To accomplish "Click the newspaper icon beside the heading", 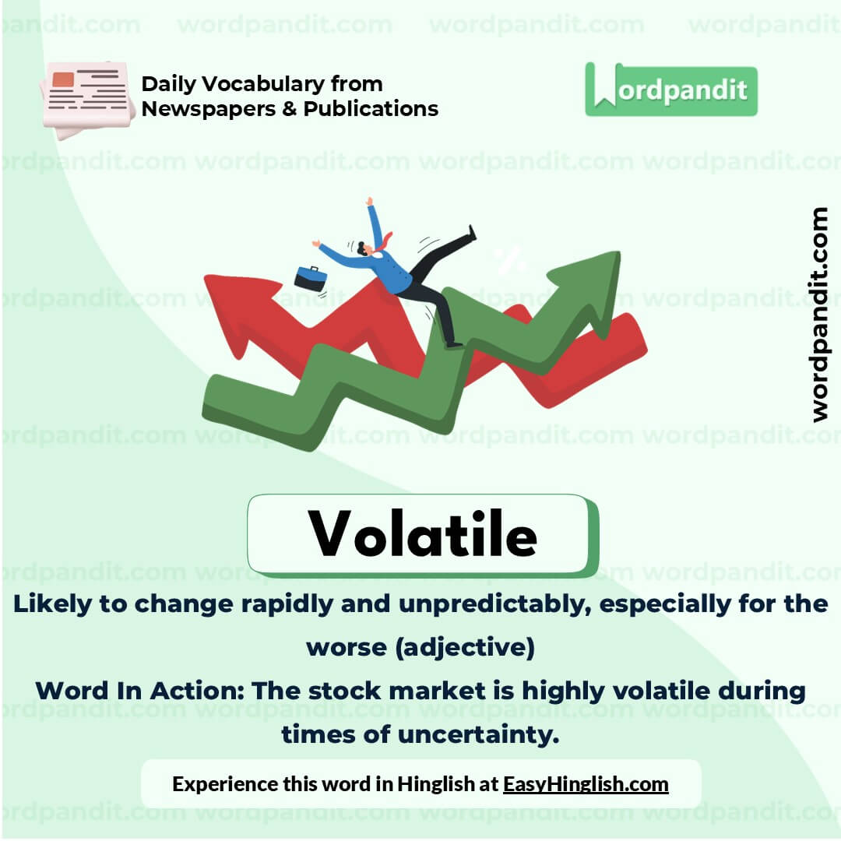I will tap(87, 97).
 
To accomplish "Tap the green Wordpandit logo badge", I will tap(670, 90).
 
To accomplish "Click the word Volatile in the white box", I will tap(423, 534).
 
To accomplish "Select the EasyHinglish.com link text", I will tap(586, 783).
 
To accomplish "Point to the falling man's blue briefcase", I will tap(310, 278).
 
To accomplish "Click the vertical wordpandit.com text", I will tap(819, 315).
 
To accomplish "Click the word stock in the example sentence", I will tap(342, 691).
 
